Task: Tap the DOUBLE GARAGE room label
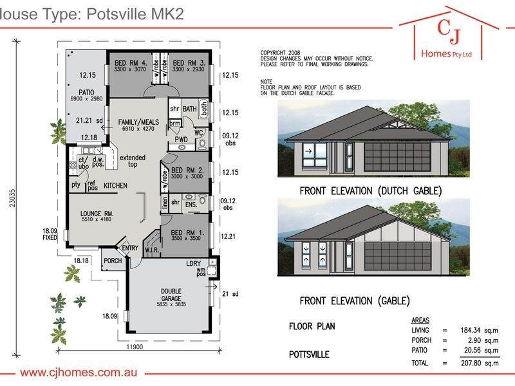pos(171,294)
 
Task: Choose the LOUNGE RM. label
pos(97,213)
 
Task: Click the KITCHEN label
pos(115,185)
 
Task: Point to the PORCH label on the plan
pos(113,261)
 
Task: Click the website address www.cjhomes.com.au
pos(82,373)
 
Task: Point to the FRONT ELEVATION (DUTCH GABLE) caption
pos(371,191)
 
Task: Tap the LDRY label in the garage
pos(193,264)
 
